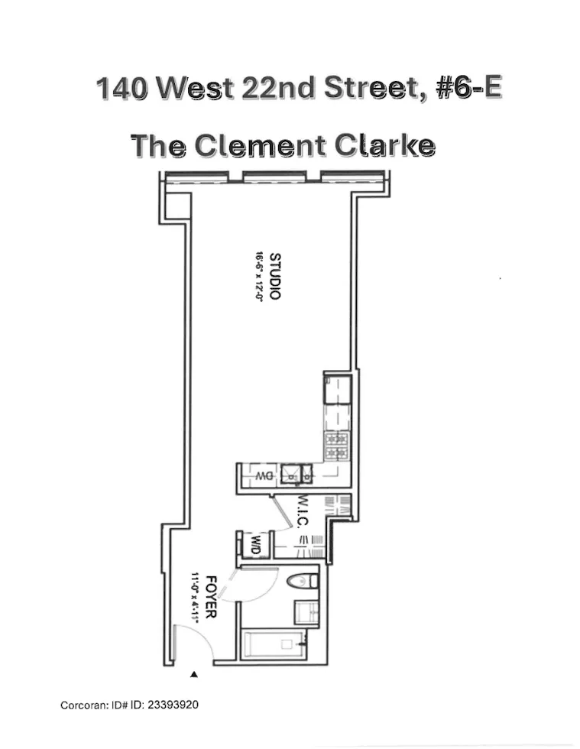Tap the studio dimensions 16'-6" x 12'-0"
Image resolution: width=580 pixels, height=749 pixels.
(x=259, y=277)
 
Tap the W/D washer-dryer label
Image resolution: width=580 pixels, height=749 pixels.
(x=255, y=545)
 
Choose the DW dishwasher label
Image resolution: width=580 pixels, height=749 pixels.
(x=264, y=475)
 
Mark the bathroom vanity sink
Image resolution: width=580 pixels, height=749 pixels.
(x=307, y=611)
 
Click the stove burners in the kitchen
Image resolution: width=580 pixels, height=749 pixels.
(x=337, y=447)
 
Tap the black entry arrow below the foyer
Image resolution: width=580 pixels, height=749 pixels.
(x=194, y=674)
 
